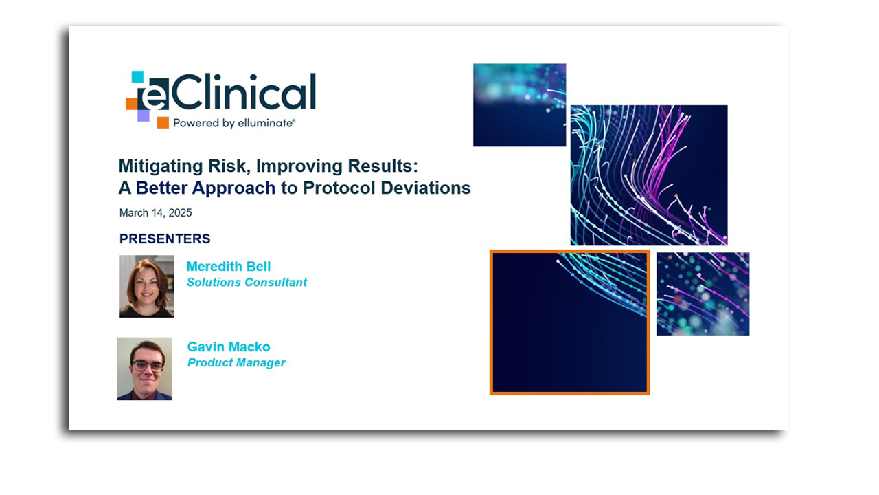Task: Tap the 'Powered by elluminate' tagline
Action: click(233, 123)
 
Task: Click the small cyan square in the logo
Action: click(137, 76)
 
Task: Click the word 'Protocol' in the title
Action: click(336, 188)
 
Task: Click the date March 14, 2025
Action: click(155, 213)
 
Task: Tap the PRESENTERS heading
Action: click(165, 239)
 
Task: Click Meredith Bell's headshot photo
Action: click(146, 286)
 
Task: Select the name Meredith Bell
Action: click(229, 267)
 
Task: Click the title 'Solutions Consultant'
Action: click(247, 283)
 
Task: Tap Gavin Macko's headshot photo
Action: click(145, 368)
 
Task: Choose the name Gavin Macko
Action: click(229, 347)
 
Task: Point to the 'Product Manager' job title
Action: click(236, 363)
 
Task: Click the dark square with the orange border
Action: click(569, 322)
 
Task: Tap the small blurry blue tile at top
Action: click(519, 105)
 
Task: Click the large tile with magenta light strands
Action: click(648, 175)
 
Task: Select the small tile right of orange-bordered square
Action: click(703, 294)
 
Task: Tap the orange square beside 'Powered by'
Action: click(163, 123)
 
